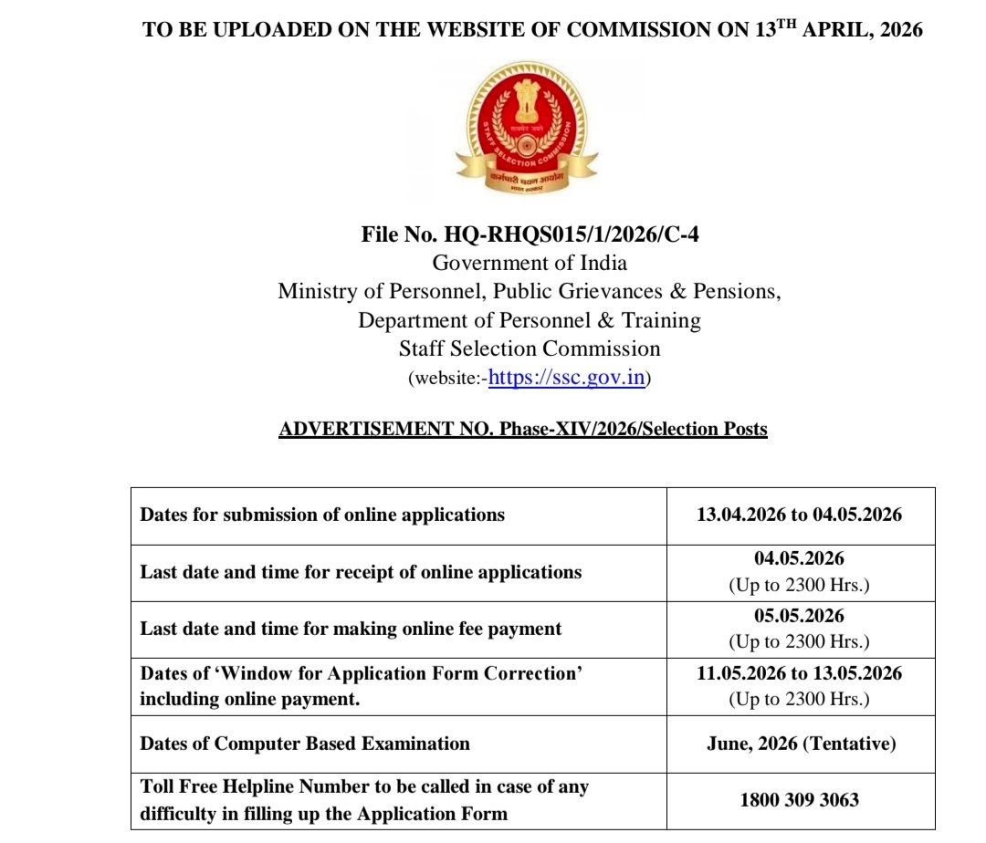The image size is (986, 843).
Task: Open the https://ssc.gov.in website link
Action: [x=567, y=377]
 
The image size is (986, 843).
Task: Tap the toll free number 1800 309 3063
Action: [x=800, y=800]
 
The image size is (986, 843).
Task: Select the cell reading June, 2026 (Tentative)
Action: [x=801, y=744]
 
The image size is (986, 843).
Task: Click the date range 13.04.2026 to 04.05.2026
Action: [x=800, y=515]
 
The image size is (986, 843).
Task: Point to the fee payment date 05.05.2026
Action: [x=800, y=616]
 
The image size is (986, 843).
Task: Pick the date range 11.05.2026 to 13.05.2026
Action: [x=800, y=673]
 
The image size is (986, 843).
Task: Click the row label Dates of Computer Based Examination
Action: [x=305, y=744]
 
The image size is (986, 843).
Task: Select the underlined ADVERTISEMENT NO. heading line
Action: [x=523, y=429]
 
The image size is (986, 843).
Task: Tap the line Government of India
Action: [x=530, y=263]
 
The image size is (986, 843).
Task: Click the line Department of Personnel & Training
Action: [x=530, y=320]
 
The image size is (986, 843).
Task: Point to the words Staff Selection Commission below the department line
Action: [x=530, y=349]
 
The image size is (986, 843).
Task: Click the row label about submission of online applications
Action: [x=322, y=515]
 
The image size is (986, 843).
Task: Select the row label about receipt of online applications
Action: [x=361, y=573]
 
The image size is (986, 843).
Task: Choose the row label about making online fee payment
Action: [x=351, y=629]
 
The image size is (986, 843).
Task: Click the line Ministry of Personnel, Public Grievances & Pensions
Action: [x=530, y=292]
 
